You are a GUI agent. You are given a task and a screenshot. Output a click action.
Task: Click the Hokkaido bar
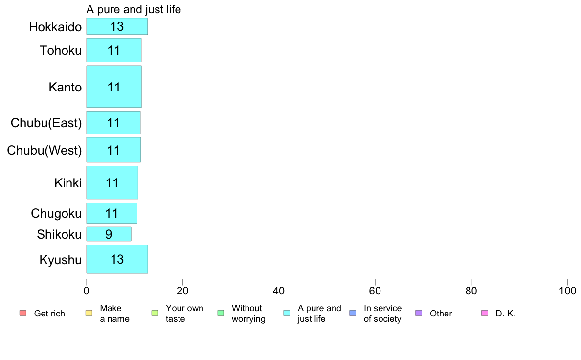pyautogui.click(x=117, y=26)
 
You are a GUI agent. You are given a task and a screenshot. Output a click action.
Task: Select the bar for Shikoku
pyautogui.click(x=109, y=234)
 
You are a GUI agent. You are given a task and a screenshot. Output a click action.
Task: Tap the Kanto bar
pyautogui.click(x=114, y=87)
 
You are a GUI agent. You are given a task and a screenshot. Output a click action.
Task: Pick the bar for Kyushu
pyautogui.click(x=117, y=259)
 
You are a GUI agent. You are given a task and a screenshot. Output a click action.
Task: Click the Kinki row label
pyautogui.click(x=68, y=183)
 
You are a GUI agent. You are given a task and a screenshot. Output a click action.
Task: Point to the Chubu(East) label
pyautogui.click(x=46, y=123)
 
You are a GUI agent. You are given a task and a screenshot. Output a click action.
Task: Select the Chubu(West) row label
pyautogui.click(x=44, y=150)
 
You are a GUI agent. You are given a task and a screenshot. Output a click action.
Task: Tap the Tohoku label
pyautogui.click(x=60, y=50)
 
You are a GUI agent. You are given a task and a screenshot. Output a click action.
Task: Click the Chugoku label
pyautogui.click(x=56, y=214)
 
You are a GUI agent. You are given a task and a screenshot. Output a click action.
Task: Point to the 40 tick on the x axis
pyautogui.click(x=279, y=291)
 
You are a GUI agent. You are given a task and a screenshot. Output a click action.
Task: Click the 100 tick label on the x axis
pyautogui.click(x=567, y=291)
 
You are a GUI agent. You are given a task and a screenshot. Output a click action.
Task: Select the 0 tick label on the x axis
pyautogui.click(x=87, y=291)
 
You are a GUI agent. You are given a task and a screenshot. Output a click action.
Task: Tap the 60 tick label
pyautogui.click(x=375, y=291)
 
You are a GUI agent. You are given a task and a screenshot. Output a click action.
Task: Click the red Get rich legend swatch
pyautogui.click(x=22, y=313)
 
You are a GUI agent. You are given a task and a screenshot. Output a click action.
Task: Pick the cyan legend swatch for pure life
pyautogui.click(x=287, y=313)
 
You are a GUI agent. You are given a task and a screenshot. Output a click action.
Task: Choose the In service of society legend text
pyautogui.click(x=382, y=313)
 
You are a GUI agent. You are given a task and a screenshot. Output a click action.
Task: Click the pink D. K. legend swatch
pyautogui.click(x=484, y=313)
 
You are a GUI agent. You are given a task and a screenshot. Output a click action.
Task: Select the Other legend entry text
pyautogui.click(x=441, y=313)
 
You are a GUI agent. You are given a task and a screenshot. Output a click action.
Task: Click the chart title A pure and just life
pyautogui.click(x=134, y=9)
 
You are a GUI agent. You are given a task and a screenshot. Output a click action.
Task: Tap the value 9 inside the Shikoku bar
pyautogui.click(x=109, y=234)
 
